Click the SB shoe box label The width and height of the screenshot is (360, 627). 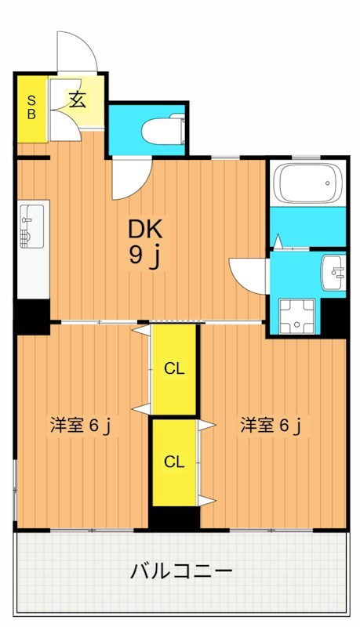(32, 107)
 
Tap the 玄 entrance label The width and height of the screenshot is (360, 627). (76, 100)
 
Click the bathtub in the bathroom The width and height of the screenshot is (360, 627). (307, 185)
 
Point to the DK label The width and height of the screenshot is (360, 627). (145, 229)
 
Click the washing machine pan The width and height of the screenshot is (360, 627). (299, 314)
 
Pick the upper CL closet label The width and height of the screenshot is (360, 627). (174, 369)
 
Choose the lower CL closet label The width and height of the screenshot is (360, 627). (174, 462)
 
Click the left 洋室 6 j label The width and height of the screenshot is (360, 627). (80, 426)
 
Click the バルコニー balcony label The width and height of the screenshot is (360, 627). (181, 571)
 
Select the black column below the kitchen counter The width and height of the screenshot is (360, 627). (33, 314)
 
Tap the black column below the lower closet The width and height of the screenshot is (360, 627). (174, 517)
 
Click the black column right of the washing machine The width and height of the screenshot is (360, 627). (335, 316)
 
